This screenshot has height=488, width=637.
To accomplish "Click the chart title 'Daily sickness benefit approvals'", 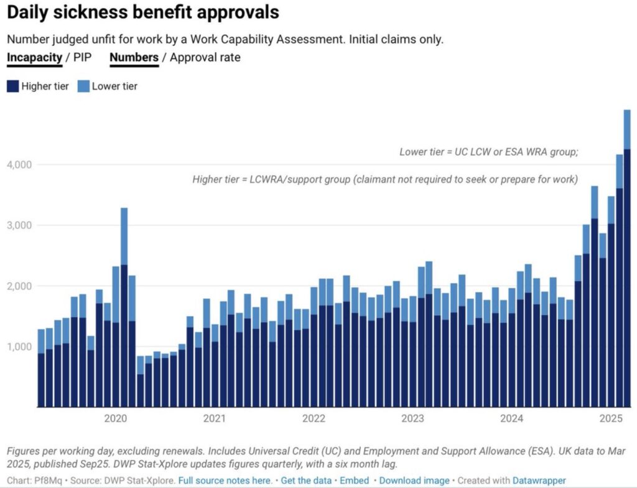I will tap(143, 12).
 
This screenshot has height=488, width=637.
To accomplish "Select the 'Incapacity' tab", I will tap(34, 58).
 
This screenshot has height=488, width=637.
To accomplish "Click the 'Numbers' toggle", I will tap(134, 58).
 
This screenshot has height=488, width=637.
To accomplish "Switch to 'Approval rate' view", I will tap(205, 58).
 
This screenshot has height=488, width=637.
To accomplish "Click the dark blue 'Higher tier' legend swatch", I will tap(13, 86).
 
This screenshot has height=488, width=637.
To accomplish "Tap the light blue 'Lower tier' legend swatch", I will tap(84, 86).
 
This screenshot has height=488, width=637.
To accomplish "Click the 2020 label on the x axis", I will tap(116, 418).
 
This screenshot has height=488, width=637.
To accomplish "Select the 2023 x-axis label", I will tap(413, 418).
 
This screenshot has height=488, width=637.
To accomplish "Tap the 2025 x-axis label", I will tap(611, 418).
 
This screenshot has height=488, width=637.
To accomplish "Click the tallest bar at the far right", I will tap(627, 261).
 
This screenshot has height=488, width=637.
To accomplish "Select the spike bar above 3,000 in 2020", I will tap(124, 311).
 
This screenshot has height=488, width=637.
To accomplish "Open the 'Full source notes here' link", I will tap(225, 481).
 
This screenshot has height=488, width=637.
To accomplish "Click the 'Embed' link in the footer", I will tap(355, 481).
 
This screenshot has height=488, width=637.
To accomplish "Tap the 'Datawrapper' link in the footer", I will tap(539, 481).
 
